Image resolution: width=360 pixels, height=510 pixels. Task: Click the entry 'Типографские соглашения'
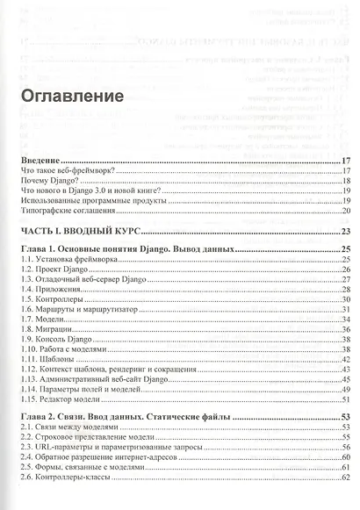[68, 211]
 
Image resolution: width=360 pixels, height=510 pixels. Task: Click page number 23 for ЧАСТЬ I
[346, 231]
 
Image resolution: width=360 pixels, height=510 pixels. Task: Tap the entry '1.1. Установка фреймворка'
[68, 262]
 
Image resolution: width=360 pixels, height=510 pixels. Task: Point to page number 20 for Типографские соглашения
[346, 211]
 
